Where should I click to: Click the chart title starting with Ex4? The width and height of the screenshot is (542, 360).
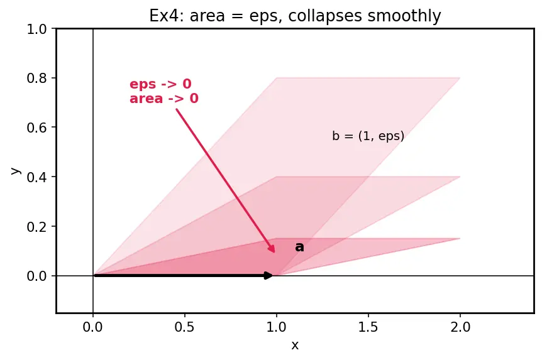(x=295, y=16)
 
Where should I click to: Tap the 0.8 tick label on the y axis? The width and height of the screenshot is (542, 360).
(x=36, y=78)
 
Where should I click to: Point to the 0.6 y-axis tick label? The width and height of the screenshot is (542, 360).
(x=36, y=128)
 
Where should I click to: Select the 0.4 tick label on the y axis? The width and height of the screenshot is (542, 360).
(x=36, y=177)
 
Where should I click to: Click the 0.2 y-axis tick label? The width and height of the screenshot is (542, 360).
(x=36, y=226)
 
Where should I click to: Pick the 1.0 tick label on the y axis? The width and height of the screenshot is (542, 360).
(x=36, y=29)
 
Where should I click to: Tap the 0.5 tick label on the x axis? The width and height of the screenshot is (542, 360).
(x=184, y=327)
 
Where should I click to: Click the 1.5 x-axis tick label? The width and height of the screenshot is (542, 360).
(x=368, y=327)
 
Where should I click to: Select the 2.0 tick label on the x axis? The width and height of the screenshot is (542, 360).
(x=460, y=327)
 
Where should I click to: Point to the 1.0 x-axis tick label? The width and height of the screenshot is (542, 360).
(x=276, y=327)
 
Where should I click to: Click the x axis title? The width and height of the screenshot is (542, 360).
(x=295, y=345)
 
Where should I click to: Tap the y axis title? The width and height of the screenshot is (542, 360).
(x=16, y=171)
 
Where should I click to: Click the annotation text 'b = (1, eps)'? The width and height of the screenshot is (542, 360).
(x=368, y=136)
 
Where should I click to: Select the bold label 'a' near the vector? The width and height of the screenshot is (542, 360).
(x=300, y=247)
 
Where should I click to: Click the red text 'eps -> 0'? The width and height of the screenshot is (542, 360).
(x=160, y=84)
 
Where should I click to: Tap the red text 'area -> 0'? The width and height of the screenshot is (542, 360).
(x=164, y=99)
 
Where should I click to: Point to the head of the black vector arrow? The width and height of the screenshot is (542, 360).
(x=272, y=275)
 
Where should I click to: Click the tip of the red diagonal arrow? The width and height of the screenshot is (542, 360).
(x=275, y=253)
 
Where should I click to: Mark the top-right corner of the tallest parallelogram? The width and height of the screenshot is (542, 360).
(x=460, y=78)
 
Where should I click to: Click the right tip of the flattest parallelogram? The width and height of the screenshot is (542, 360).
(x=460, y=238)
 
